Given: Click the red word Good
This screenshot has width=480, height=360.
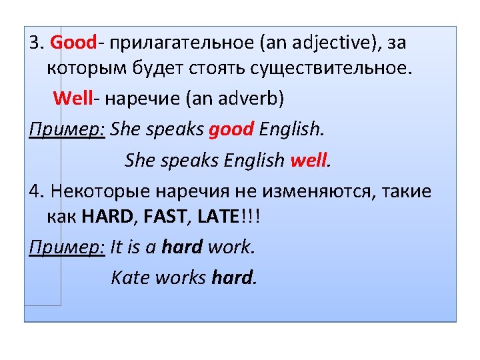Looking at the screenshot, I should click(73, 43).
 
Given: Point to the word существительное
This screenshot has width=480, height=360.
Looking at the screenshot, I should click(337, 69).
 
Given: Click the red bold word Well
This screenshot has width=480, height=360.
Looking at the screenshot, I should click(75, 99).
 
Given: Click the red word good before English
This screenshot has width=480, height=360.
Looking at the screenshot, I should click(231, 128).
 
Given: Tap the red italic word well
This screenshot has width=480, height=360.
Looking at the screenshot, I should click(309, 161).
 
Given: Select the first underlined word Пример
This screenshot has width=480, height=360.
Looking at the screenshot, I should click(67, 128).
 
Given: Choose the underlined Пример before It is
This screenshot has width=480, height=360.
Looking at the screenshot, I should click(67, 247).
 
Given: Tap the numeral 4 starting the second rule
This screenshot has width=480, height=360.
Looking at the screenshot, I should click(34, 192).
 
